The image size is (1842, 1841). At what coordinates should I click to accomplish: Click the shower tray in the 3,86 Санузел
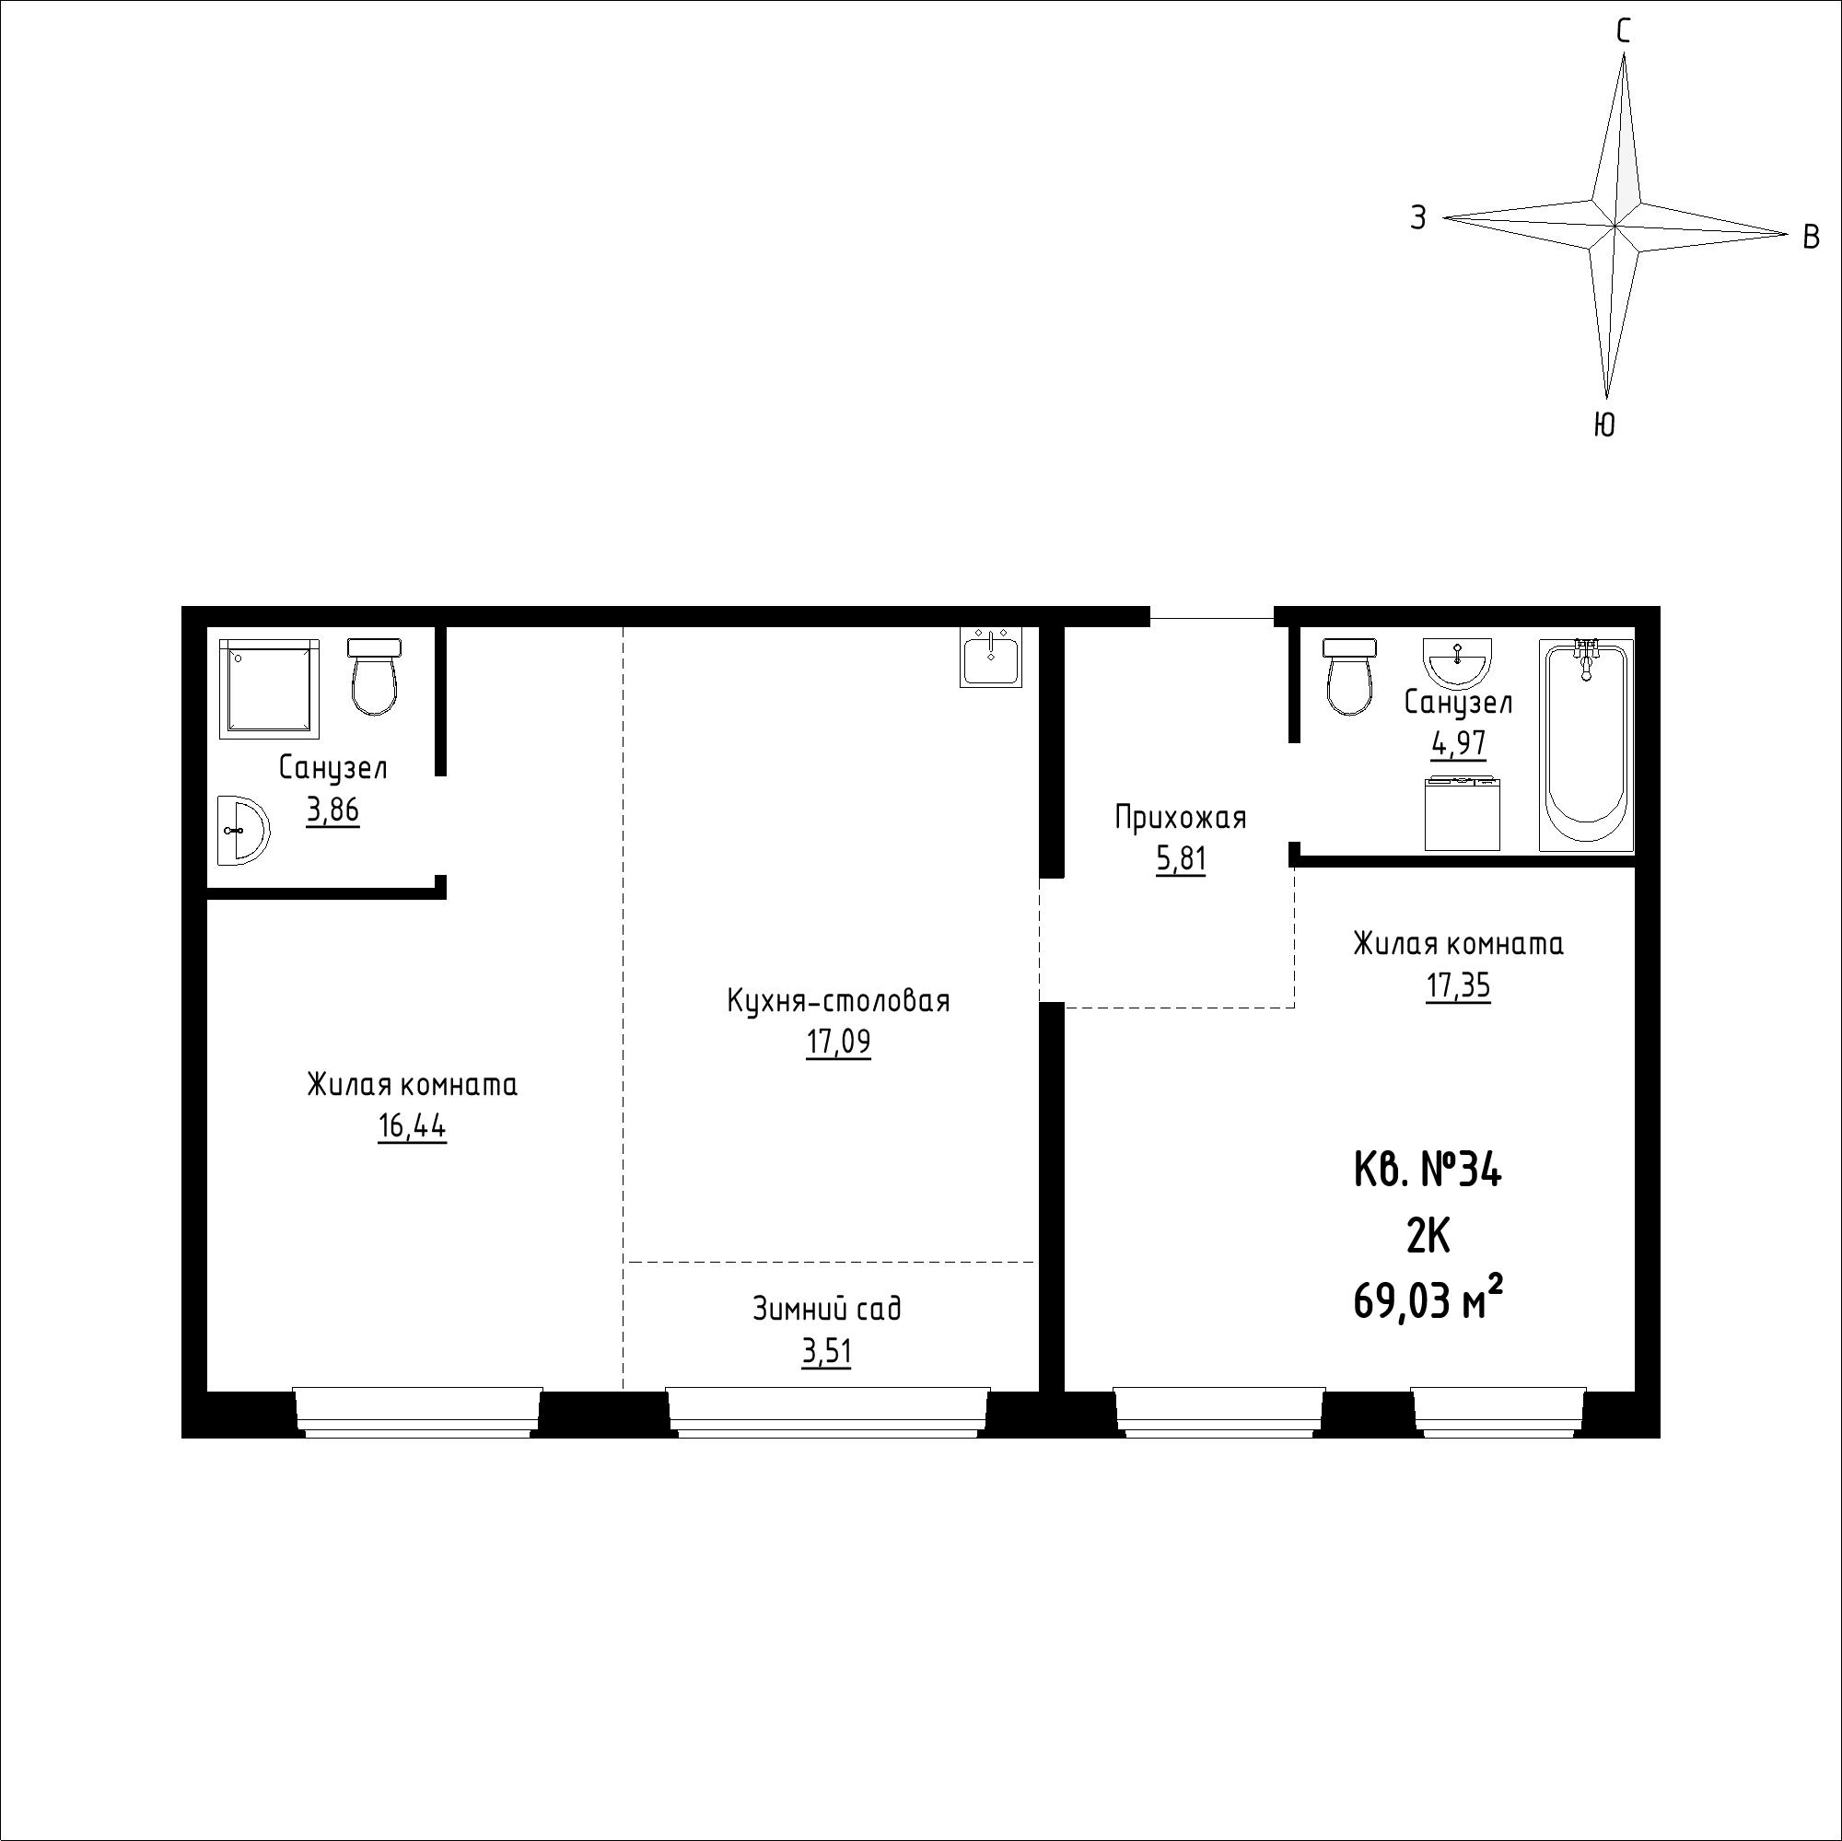pos(269,688)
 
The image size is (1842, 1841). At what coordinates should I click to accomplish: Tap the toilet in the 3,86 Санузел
pos(374,676)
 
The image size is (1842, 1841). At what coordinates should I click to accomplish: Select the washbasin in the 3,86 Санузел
pos(243,831)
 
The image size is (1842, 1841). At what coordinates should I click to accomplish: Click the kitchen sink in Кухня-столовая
pos(991,657)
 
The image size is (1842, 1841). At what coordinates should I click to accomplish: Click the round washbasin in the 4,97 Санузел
pos(1458,662)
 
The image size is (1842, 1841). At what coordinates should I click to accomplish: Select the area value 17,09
pos(838,1042)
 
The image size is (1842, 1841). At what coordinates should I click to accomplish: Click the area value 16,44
pos(412,1126)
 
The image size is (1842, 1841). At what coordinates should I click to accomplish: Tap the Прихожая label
pos(1181,817)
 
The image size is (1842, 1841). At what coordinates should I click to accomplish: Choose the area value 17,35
pos(1458,985)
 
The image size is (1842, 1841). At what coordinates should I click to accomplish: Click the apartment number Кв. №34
pos(1428,1170)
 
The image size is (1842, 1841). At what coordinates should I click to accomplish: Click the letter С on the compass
pos(1623,32)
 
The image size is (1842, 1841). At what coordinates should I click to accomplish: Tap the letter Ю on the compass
pos(1603,425)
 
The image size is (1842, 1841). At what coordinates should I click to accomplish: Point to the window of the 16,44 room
pos(416,1412)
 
